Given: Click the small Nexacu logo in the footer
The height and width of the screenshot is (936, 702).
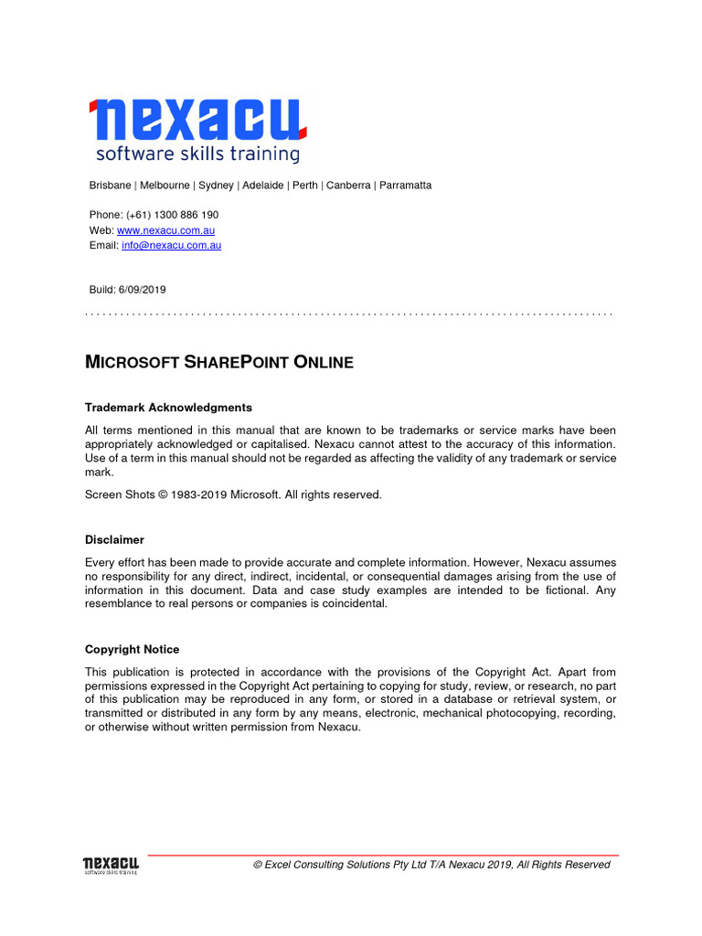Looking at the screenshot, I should click(111, 865).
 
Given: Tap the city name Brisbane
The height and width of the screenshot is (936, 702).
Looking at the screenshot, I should click(110, 186).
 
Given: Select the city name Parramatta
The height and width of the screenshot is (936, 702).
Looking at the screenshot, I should click(405, 186).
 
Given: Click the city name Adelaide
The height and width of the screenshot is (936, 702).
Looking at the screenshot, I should click(262, 186).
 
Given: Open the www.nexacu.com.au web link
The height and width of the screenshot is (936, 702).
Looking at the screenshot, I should click(165, 230).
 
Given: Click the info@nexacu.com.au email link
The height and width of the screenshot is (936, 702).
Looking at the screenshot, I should click(171, 245).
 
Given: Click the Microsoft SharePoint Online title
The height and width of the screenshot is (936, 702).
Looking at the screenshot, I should click(218, 363).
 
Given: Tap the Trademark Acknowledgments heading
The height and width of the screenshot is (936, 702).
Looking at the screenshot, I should click(168, 408).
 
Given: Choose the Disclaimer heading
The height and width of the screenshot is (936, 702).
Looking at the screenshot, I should click(114, 540).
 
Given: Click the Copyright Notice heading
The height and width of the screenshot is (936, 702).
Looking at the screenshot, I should click(132, 650).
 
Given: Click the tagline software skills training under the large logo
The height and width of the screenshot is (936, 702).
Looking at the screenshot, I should click(197, 154).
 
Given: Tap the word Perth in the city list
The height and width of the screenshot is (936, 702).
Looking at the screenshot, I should click(305, 186).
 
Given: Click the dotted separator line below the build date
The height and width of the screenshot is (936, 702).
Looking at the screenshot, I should click(348, 314).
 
